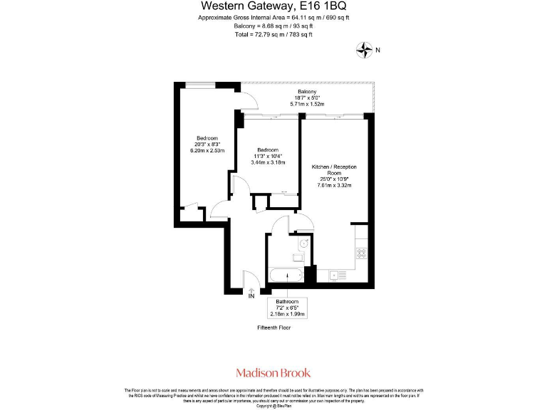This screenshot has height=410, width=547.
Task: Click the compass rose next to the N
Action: click(365, 49)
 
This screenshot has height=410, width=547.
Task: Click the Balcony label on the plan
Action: click(307, 92)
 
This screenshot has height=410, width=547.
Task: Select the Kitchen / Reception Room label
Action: click(334, 169)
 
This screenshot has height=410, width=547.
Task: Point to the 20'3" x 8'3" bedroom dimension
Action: click(207, 144)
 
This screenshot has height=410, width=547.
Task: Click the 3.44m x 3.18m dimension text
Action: click(268, 162)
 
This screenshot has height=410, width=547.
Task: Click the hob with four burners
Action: click(361, 251)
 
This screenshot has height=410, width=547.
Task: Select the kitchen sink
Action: click(337, 275)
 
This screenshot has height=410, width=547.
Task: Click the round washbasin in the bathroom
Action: click(303, 243)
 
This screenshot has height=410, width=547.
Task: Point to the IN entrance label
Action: click(251, 296)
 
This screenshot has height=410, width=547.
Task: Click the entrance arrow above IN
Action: click(251, 288)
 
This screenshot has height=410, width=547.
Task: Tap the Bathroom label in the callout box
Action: click(286, 302)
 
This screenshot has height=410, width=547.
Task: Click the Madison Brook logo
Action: click(273, 372)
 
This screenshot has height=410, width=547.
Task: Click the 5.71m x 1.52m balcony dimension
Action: click(307, 105)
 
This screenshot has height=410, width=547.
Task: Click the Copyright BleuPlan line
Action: click(273, 406)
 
